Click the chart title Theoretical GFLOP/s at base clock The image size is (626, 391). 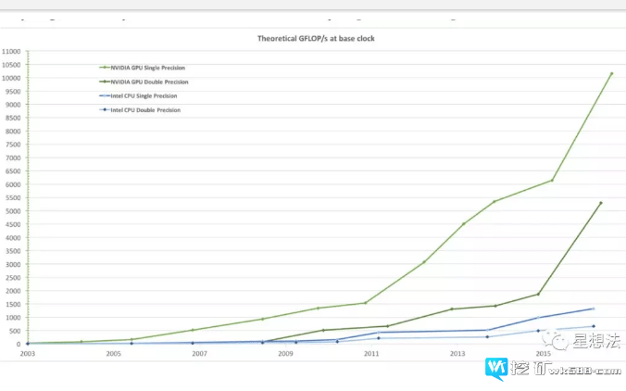(315, 38)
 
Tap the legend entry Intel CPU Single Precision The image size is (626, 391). (143, 95)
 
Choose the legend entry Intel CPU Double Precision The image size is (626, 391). (144, 109)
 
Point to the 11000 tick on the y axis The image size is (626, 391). (11, 51)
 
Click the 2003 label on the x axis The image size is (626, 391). (28, 354)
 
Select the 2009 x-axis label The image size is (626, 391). (285, 354)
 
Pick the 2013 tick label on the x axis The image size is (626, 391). (457, 354)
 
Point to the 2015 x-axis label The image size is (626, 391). (544, 354)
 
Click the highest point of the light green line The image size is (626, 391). (611, 73)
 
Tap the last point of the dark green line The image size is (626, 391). (601, 203)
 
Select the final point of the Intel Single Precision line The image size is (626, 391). (593, 309)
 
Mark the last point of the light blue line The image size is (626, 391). (594, 326)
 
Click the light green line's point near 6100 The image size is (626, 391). (552, 180)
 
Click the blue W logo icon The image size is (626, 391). (497, 369)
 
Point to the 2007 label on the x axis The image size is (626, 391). (199, 354)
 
